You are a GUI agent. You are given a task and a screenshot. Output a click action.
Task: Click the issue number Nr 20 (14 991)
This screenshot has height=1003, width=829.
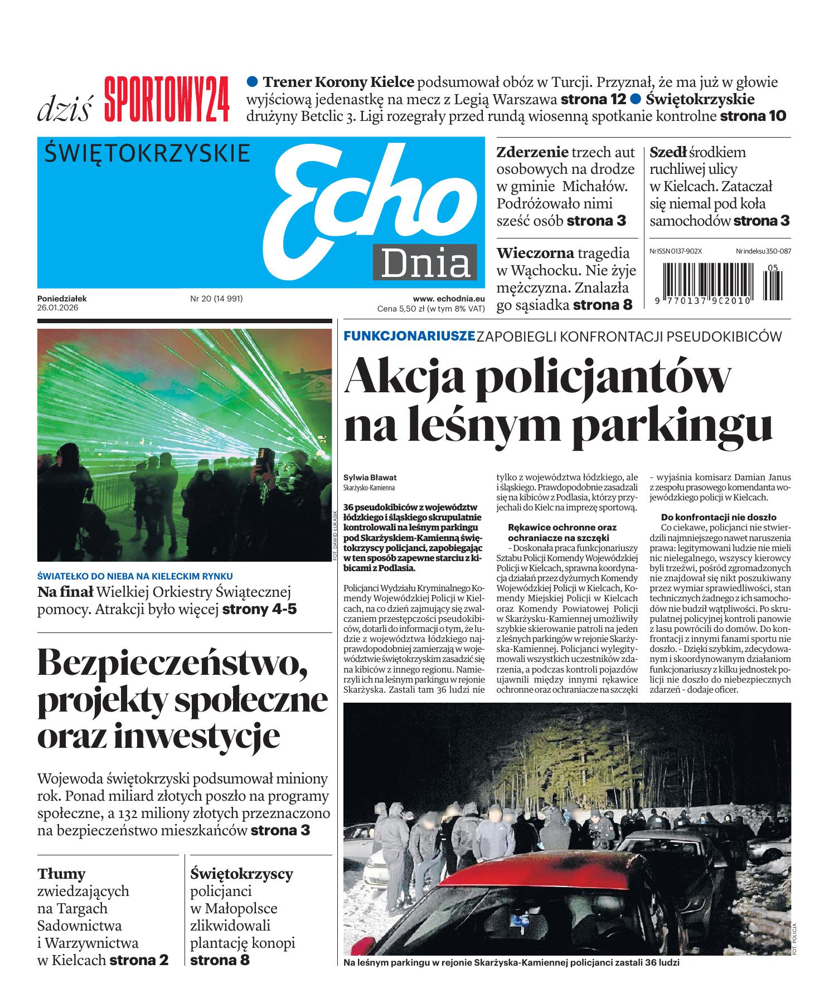[216, 299]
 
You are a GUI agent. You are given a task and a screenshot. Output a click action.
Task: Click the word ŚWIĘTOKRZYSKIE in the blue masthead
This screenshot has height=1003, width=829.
[147, 153]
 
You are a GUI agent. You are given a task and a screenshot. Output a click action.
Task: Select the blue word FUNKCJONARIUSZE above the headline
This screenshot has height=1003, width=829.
[409, 336]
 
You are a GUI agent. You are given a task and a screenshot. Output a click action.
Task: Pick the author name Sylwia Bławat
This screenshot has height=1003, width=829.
[370, 478]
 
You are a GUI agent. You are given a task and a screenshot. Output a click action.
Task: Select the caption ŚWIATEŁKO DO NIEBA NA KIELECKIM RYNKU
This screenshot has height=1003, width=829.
[135, 576]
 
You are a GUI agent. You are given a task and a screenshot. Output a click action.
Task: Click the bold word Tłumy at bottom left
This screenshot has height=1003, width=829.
[61, 873]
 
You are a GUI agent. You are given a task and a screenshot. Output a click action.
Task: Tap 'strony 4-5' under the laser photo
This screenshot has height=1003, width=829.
[259, 608]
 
